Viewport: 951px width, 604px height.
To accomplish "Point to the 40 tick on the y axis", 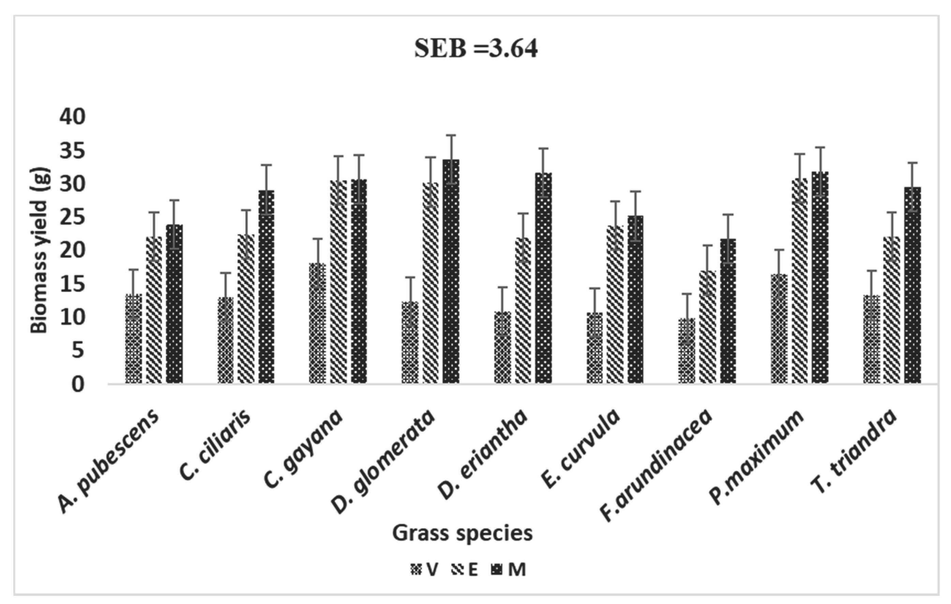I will (x=73, y=117).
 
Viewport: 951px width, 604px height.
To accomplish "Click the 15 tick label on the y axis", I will (x=73, y=284).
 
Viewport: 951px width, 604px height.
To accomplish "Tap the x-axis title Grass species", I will (x=462, y=533).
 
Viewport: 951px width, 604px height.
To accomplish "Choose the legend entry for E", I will (x=465, y=570).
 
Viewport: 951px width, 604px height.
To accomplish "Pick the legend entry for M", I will (x=509, y=570).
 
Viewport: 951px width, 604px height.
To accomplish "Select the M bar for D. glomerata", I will (x=451, y=273).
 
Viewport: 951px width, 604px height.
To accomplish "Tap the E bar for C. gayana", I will (x=339, y=283).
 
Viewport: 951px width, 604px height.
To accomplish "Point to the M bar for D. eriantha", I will (x=544, y=279).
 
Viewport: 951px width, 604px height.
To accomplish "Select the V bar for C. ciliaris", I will (x=225, y=341).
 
